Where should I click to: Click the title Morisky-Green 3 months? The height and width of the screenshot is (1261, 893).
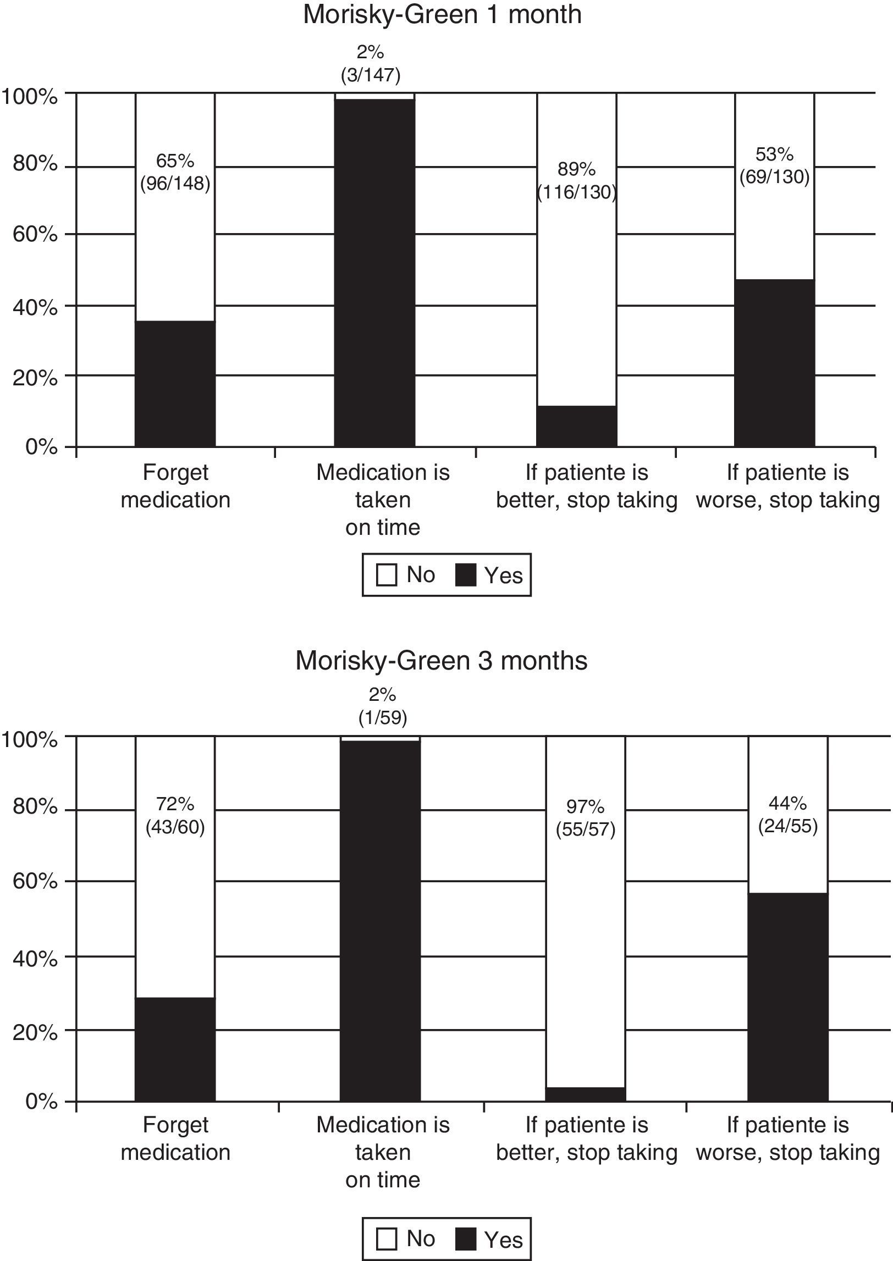coord(441,660)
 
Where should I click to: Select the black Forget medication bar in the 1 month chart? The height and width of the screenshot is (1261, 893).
coord(175,383)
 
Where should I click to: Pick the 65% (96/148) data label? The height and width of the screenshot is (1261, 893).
coord(175,172)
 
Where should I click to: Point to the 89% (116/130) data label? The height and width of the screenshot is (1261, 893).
coord(576,181)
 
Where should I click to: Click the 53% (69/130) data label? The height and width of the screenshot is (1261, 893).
coord(774,166)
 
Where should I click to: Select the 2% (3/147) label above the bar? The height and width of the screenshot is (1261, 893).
coord(370,64)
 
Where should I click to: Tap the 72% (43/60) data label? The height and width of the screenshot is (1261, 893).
coord(175,816)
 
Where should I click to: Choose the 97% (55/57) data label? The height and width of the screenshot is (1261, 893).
coord(585,818)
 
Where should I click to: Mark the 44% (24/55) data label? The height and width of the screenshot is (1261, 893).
coord(787,815)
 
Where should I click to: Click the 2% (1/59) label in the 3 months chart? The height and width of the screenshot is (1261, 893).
coord(382,706)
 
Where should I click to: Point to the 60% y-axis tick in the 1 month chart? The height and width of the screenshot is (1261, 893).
coord(34,235)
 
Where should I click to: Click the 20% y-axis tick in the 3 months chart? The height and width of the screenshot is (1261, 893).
coord(34,1032)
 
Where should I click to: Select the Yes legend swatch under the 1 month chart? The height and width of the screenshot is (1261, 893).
coord(466,576)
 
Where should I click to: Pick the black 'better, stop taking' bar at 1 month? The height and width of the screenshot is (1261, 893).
coord(576,426)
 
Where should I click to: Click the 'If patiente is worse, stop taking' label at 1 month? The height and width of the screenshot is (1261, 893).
coord(787,486)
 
